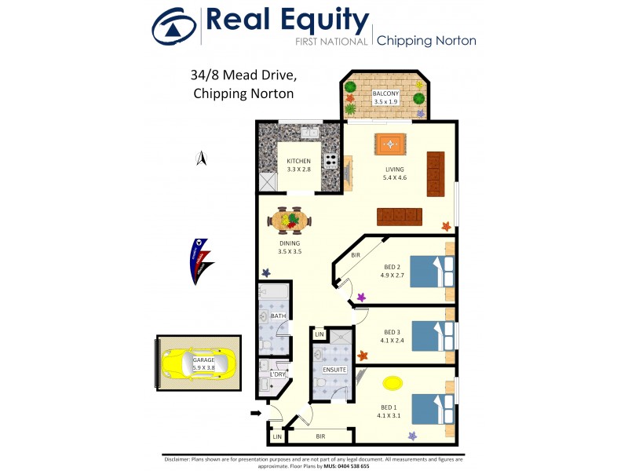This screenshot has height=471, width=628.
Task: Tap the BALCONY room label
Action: (x=385, y=94)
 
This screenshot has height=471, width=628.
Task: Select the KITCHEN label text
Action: (x=299, y=162)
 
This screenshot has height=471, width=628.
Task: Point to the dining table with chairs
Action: (x=290, y=221)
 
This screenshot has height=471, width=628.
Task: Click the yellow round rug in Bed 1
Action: (x=390, y=383)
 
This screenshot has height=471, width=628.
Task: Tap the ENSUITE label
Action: (x=334, y=369)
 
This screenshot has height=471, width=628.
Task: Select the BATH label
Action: (x=278, y=316)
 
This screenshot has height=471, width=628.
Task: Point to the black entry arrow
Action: (x=257, y=413)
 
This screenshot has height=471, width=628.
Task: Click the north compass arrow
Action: (x=201, y=159)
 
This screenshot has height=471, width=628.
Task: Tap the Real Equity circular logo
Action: (x=173, y=26)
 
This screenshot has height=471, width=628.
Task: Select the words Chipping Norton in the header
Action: (x=427, y=41)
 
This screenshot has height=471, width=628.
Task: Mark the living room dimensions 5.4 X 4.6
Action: (x=394, y=178)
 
